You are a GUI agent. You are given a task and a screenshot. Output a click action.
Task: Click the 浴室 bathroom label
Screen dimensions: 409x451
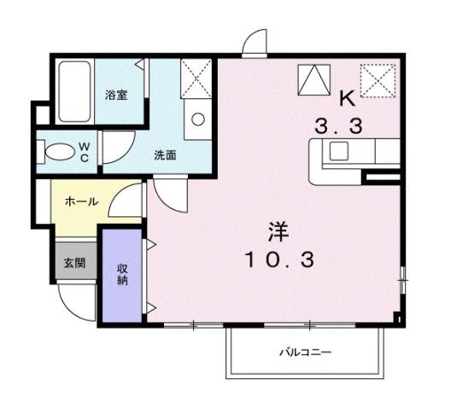[116, 94]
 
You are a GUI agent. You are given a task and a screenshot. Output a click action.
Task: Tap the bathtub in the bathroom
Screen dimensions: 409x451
[74, 91]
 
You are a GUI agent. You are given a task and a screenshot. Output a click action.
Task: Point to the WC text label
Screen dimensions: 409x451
[85, 152]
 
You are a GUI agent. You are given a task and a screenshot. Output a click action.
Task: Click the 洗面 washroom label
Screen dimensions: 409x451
[165, 155]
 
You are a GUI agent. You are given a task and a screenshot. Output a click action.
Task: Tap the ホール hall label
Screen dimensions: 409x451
[81, 202]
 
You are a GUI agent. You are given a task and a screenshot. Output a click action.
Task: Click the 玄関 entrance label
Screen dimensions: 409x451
[73, 263]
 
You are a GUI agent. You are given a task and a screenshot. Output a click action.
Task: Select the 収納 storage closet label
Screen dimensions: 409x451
[122, 274]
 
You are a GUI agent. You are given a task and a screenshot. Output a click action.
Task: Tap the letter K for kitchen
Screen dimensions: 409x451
[348, 98]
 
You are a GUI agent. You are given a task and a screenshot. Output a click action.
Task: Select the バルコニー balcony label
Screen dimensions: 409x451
[306, 352]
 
